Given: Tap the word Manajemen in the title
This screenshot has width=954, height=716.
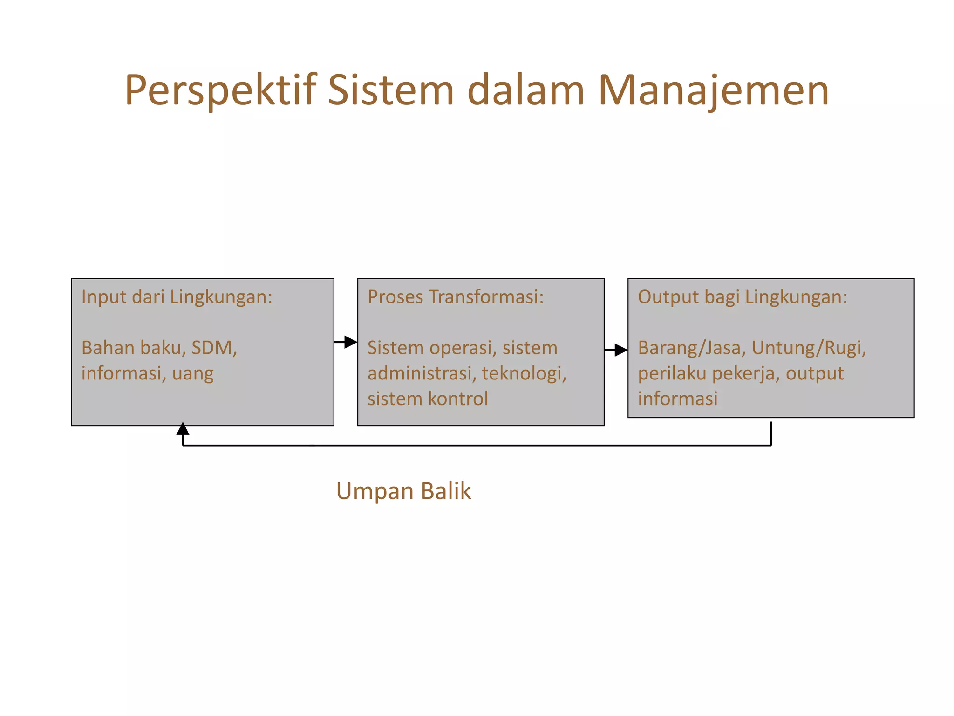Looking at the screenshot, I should [x=713, y=90].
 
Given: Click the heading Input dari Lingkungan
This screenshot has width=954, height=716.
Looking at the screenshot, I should [x=177, y=297].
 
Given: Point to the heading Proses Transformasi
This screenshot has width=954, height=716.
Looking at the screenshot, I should [x=455, y=297].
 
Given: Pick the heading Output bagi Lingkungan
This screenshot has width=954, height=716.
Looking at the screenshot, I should [x=742, y=297].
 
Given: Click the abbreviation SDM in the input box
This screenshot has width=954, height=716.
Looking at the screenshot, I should [x=214, y=348].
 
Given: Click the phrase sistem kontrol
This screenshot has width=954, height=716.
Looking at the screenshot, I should [x=427, y=399].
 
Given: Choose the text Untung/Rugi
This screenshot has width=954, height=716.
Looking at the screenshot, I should [x=808, y=348].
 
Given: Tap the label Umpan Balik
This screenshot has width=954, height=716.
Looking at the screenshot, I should [x=403, y=491].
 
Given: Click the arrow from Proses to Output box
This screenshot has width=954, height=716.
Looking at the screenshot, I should [x=616, y=350].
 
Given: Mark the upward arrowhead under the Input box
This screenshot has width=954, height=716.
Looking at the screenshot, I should [x=183, y=429].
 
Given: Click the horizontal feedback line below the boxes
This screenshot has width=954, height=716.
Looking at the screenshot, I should [x=475, y=446].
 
